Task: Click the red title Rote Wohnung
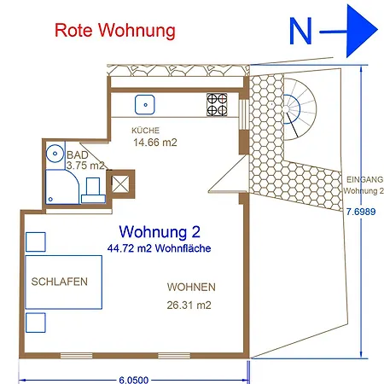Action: (x=114, y=31)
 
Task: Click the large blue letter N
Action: (x=301, y=32)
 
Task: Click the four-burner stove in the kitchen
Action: (x=217, y=104)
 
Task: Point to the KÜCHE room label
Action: (x=145, y=131)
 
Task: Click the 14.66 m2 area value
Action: (x=154, y=143)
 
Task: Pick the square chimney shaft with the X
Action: (x=119, y=182)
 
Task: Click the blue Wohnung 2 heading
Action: (x=160, y=231)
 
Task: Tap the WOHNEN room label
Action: (x=190, y=287)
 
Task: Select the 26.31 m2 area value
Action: (x=189, y=305)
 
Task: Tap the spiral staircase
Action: (x=303, y=108)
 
